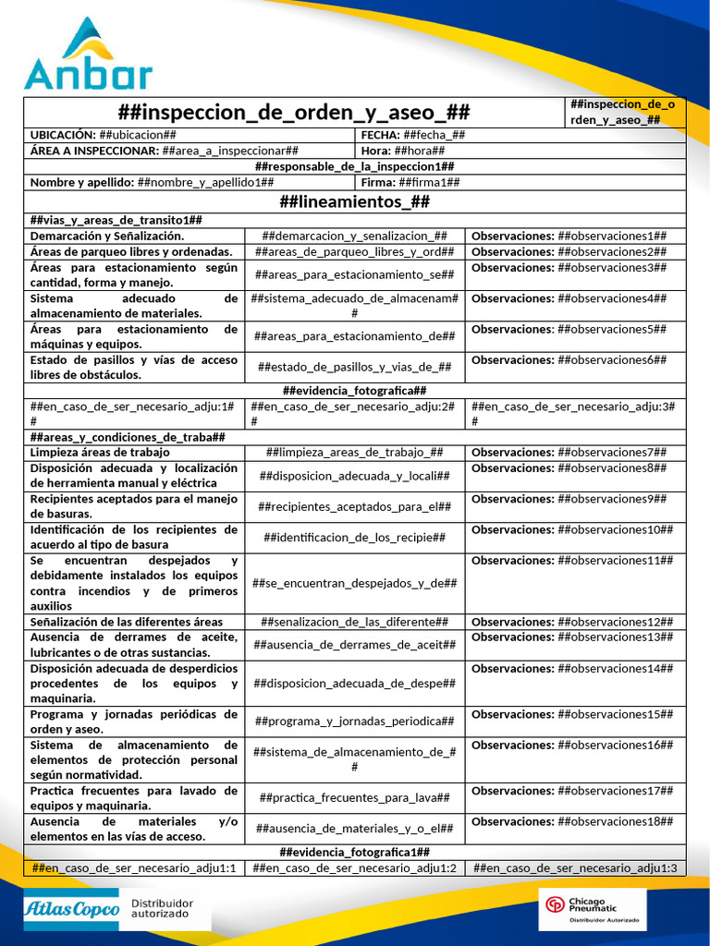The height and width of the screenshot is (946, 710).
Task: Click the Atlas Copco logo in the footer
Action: point(71,910)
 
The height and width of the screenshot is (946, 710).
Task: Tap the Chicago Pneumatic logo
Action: point(592,909)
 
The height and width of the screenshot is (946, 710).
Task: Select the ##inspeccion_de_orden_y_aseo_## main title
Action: point(294,113)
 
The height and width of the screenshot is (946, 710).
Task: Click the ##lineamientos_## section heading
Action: point(354,201)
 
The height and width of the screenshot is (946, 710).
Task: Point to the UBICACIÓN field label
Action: point(63,135)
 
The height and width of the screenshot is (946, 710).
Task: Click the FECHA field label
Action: point(379,135)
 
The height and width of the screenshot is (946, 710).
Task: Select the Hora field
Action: point(403,151)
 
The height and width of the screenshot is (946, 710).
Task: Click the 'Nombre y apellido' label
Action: point(81,182)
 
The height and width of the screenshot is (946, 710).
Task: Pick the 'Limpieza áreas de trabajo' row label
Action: point(100,452)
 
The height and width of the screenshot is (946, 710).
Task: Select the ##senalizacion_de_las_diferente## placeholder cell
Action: point(354,622)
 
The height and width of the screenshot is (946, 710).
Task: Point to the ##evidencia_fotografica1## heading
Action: point(354,852)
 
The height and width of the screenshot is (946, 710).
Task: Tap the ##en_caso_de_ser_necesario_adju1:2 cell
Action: point(354,867)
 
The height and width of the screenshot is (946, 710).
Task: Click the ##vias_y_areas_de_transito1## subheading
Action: point(116,220)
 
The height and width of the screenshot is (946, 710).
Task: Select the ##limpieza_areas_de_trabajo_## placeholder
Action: point(354,452)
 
